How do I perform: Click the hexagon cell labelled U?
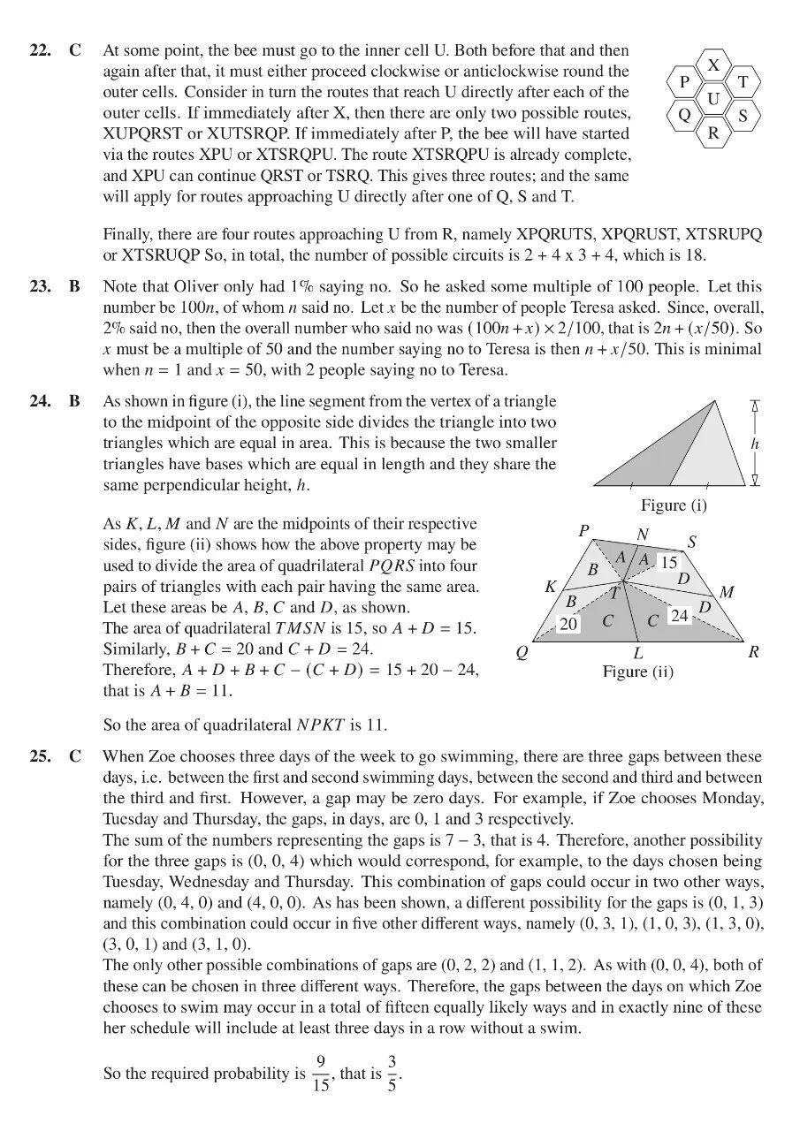pyautogui.click(x=713, y=99)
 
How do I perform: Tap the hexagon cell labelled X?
pyautogui.click(x=714, y=65)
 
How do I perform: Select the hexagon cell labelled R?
pyautogui.click(x=713, y=133)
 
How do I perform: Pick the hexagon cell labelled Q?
pyautogui.click(x=684, y=116)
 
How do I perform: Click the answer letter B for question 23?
pyautogui.click(x=75, y=286)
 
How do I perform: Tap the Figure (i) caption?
pyautogui.click(x=674, y=505)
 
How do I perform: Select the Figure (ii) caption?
pyautogui.click(x=637, y=672)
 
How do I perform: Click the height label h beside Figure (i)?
pyautogui.click(x=754, y=444)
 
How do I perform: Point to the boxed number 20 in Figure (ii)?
pyautogui.click(x=568, y=624)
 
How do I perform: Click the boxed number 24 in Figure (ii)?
pyautogui.click(x=679, y=615)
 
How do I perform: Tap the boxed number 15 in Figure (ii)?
pyautogui.click(x=669, y=562)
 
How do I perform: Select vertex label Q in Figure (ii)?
pyautogui.click(x=522, y=654)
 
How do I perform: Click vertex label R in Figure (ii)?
pyautogui.click(x=753, y=653)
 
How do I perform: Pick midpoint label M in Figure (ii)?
pyautogui.click(x=727, y=592)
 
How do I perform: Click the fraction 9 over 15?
pyautogui.click(x=321, y=1074)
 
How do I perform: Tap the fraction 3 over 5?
pyautogui.click(x=392, y=1074)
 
